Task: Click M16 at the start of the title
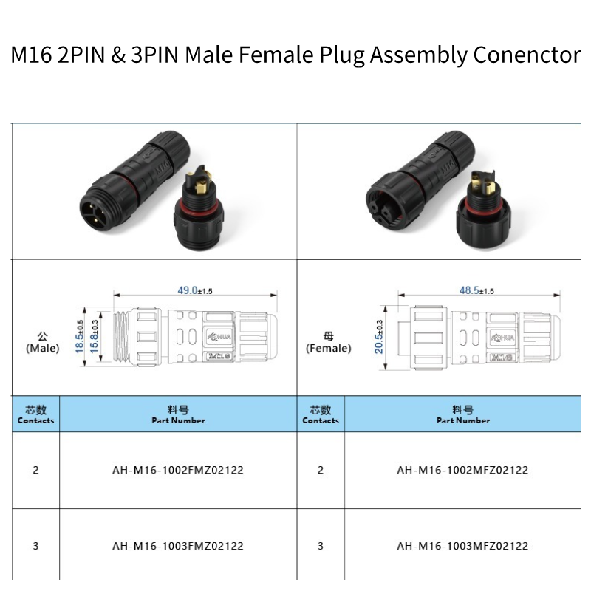pos(31,55)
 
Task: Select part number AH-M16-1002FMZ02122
pos(178,470)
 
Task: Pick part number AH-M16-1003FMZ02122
pos(178,547)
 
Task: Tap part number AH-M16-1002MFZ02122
pos(462,470)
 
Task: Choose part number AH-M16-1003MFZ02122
pos(462,547)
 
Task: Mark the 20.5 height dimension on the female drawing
pos(379,336)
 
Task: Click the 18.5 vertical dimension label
pos(80,336)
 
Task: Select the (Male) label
pos(42,348)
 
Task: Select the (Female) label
pos(328,348)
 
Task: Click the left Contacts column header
pos(35,415)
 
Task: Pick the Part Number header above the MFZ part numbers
pos(462,415)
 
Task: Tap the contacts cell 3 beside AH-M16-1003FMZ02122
pos(35,547)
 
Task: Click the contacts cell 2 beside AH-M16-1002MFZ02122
pos(321,470)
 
